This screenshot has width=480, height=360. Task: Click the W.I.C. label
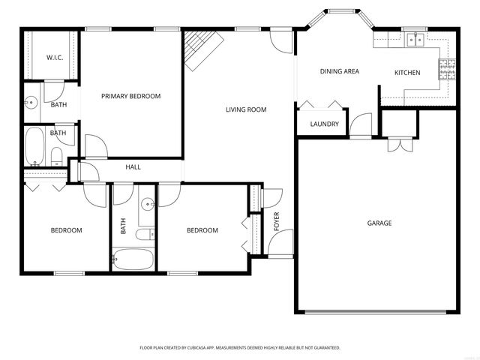tap(55, 57)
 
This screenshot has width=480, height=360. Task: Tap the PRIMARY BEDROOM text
tap(131, 96)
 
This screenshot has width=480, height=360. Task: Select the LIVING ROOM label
tap(246, 110)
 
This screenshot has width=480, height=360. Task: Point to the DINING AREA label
tap(340, 72)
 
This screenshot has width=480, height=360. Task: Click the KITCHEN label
tap(407, 73)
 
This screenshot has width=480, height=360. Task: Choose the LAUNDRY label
tap(324, 124)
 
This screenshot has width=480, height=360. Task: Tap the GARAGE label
tap(379, 223)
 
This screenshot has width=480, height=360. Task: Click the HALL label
tap(133, 167)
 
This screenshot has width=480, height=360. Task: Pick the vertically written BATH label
tap(123, 225)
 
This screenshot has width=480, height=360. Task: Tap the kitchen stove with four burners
tap(448, 70)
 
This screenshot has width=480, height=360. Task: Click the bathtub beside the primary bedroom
tap(35, 146)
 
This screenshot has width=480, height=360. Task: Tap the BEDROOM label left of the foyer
tap(202, 230)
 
